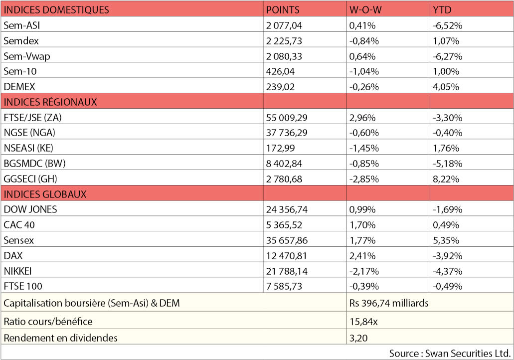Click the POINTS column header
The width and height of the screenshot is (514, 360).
tap(283, 9)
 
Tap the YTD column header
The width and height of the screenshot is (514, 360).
tap(443, 9)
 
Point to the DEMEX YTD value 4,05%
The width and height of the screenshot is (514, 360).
tap(447, 87)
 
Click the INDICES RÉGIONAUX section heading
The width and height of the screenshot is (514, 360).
tap(50, 102)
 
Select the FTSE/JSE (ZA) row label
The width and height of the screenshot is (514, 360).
tap(34, 118)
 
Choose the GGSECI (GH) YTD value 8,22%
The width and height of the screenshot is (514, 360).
tap(447, 179)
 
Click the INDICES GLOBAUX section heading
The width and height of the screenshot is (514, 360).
tap(45, 194)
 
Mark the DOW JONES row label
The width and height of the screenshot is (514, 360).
tap(30, 209)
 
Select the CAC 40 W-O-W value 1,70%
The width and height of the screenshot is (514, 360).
tap(362, 225)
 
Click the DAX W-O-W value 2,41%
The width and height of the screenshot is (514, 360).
tap(362, 256)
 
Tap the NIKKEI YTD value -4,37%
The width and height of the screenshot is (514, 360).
tap(448, 271)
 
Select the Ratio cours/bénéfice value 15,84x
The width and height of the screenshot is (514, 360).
tap(364, 321)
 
